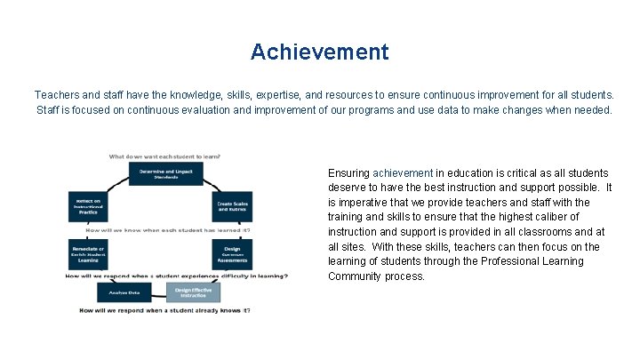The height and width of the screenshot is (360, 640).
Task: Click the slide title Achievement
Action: tap(319, 52)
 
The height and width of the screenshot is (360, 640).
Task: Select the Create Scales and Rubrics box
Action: tap(232, 208)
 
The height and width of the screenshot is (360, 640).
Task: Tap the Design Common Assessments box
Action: tap(232, 253)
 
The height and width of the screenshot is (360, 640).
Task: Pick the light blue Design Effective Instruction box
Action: tap(195, 292)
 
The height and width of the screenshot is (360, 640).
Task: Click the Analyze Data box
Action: tap(124, 292)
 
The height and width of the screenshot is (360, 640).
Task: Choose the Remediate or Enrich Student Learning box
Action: tap(88, 254)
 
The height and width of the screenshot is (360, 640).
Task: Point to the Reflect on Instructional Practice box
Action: tap(88, 208)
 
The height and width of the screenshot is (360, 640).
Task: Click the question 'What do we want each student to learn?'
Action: tap(164, 156)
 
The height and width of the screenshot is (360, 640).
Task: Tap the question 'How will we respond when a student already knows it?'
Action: tap(164, 310)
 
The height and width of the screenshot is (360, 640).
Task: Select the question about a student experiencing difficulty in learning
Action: tap(176, 276)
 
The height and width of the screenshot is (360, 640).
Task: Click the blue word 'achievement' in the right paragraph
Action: tap(403, 172)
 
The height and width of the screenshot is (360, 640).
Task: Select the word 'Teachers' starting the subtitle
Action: tap(56, 94)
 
